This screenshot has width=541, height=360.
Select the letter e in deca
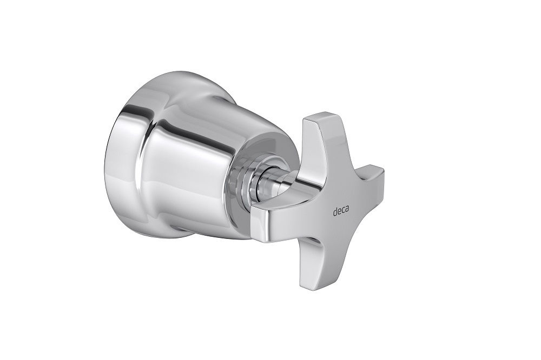coord(339,211)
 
